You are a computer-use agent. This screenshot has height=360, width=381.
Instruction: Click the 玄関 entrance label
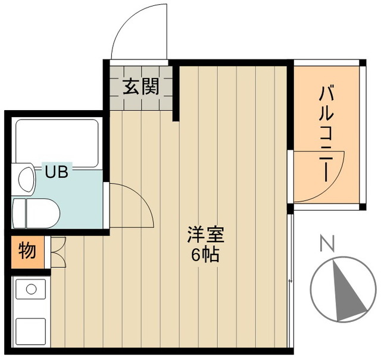pos(140,87)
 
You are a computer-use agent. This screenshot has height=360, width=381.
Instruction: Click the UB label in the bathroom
pos(57,173)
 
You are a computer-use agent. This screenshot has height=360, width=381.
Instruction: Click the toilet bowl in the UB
pos(38,212)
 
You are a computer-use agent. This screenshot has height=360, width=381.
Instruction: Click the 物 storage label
pos(27,251)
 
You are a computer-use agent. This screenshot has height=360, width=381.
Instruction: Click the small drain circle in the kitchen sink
pos(28,290)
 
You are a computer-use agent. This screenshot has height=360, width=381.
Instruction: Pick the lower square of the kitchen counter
pos(30,331)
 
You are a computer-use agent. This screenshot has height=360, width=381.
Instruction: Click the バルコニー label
pos(326,133)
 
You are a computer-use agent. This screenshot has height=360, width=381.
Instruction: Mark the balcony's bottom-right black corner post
pos(362,207)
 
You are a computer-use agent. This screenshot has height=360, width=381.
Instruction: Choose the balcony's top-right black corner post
pos(362,62)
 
